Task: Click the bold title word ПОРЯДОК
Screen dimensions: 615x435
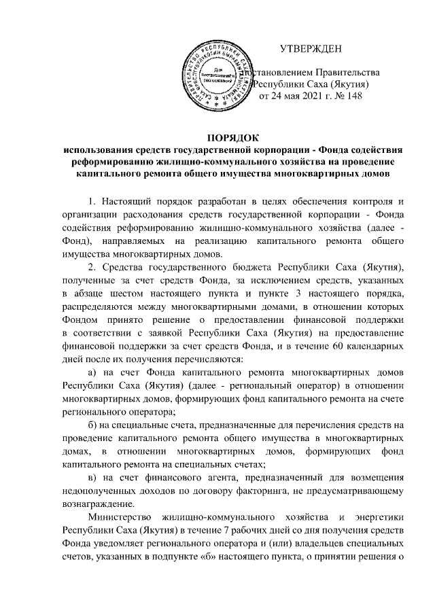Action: (217, 138)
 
